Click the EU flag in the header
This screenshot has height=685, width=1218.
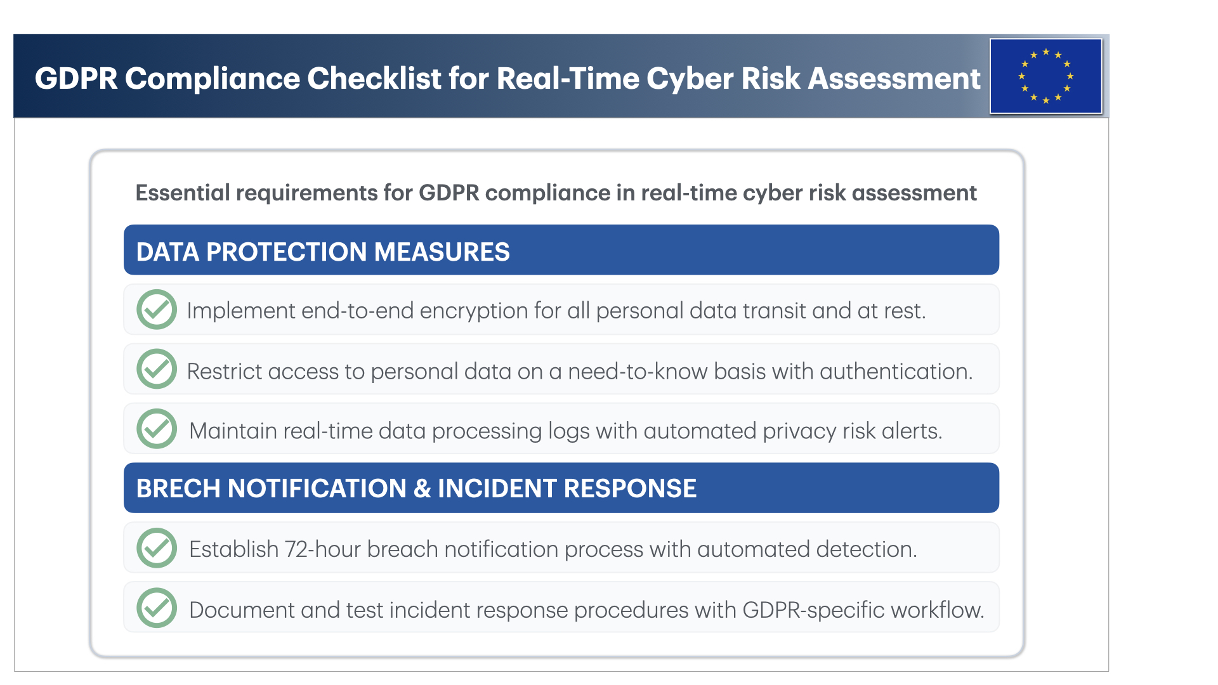point(1045,76)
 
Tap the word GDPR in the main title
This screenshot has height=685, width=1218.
point(76,79)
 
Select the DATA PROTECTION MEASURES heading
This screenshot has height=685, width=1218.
point(323,252)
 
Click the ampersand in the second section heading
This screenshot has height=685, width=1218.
point(422,488)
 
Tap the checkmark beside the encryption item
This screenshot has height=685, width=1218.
point(157,310)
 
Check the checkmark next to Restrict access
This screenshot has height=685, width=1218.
point(157,369)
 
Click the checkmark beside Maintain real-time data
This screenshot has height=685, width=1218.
point(157,429)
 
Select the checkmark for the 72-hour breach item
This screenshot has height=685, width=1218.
point(157,548)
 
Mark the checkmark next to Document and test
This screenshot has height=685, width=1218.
point(157,608)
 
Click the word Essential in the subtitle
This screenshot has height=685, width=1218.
point(183,193)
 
